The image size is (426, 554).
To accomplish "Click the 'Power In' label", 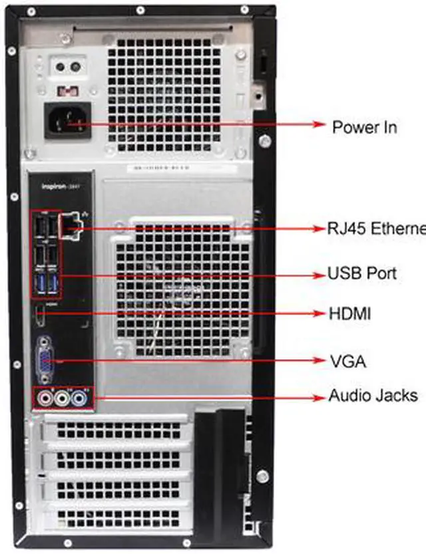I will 364,126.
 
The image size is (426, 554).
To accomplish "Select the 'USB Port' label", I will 362,273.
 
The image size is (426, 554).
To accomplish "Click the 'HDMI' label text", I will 349,313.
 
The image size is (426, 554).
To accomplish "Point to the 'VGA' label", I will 348,362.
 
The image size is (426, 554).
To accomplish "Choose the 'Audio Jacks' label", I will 373,396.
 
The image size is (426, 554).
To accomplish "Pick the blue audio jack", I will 79,398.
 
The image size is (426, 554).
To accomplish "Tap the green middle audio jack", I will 63,398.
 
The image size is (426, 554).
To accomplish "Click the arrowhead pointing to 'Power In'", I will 318,125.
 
